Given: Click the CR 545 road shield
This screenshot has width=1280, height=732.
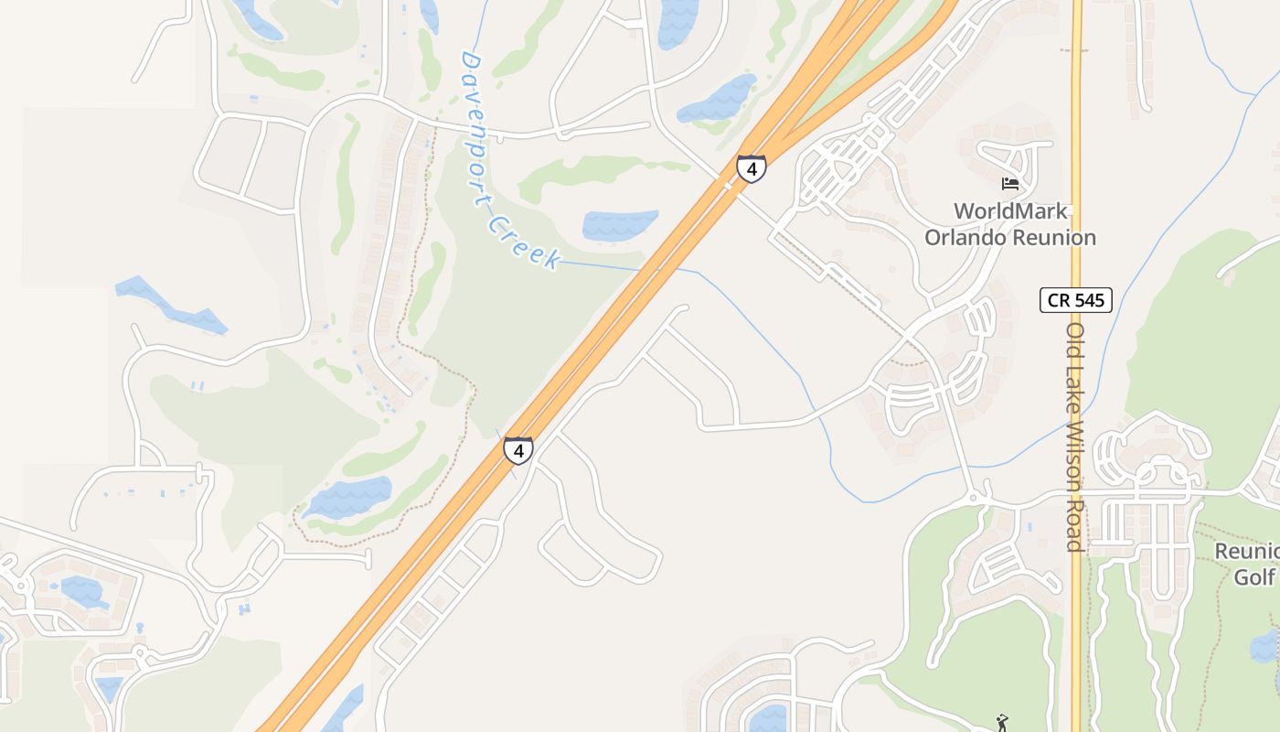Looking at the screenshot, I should coord(1075,299).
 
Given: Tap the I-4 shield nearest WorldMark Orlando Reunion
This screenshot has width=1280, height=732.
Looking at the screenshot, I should coord(751,168).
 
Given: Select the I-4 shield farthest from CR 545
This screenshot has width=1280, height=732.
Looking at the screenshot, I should coord(518,450).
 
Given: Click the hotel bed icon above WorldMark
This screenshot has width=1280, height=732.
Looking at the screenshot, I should coord(1010,184).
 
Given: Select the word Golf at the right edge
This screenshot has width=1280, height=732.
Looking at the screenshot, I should coord(1254,577).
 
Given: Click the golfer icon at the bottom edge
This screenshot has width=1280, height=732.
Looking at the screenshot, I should coord(1002,722).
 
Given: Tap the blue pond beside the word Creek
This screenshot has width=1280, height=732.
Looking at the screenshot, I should coord(620,224).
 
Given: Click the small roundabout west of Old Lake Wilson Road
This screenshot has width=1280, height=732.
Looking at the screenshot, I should coord(974,498).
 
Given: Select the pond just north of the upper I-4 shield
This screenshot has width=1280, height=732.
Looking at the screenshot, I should coord(718,98).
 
